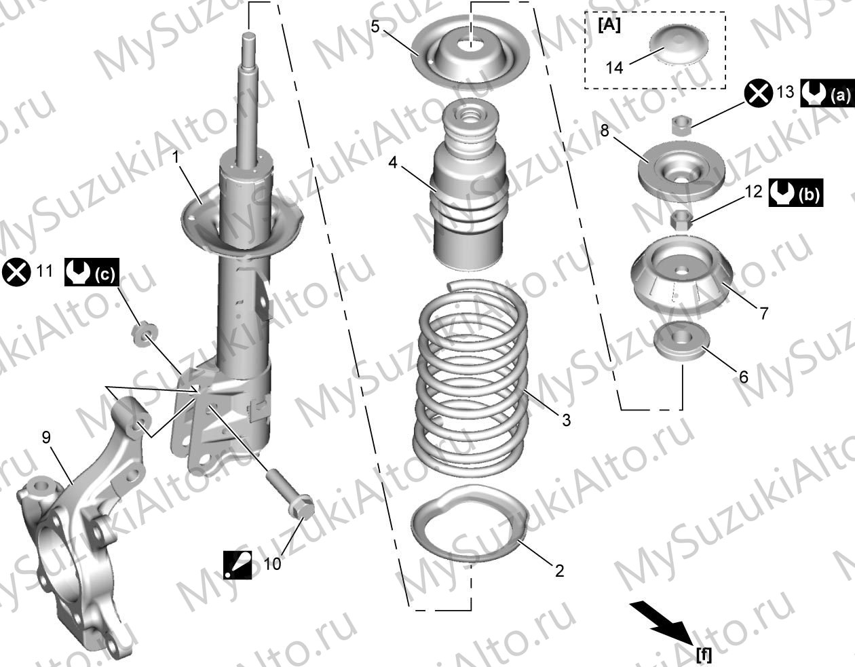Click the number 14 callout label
pos(614,68)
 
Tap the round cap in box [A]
pos(679,43)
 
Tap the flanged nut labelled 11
pos(144,335)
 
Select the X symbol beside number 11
pos(16,273)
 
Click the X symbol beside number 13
pos(758,92)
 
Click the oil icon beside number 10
pos(237,565)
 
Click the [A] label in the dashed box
pos(609,26)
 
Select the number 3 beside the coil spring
pos(566,421)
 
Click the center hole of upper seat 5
pos(470,44)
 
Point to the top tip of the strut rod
pos(248,35)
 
